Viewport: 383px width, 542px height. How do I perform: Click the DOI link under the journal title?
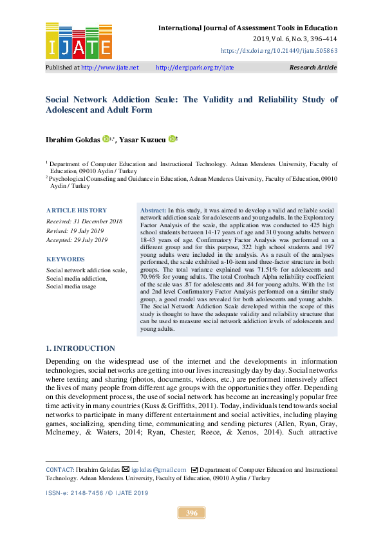pos(279,50)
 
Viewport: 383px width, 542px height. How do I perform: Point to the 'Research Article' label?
pos(313,67)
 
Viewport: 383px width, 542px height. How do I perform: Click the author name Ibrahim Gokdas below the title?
pos(72,138)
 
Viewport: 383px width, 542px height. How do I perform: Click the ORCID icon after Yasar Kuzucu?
pos(172,138)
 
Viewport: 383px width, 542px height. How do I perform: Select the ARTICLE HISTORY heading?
pos(76,210)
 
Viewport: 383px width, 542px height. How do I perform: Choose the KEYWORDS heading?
pos(66,259)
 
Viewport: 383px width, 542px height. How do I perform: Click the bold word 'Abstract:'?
pos(153,210)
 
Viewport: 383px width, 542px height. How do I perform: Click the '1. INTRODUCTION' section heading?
pos(80,348)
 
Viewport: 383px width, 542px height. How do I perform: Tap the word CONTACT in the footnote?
pos(59,470)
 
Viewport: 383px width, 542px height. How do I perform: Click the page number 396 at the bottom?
pos(191,513)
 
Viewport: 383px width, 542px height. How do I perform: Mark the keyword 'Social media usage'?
pos(71,286)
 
